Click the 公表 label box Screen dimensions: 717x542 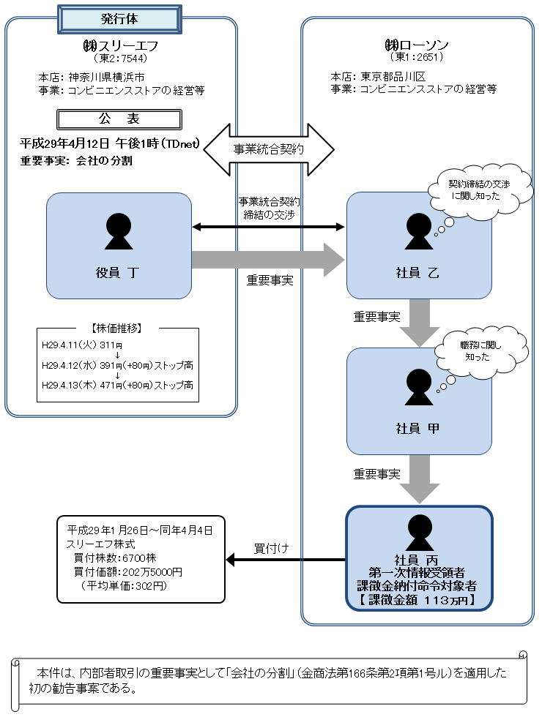click(119, 119)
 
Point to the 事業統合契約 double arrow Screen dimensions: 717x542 click(269, 149)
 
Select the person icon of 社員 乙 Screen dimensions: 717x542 click(419, 231)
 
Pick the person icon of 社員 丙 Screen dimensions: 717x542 click(419, 531)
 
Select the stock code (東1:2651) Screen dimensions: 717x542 click(417, 56)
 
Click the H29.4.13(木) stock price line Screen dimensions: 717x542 click(117, 385)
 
